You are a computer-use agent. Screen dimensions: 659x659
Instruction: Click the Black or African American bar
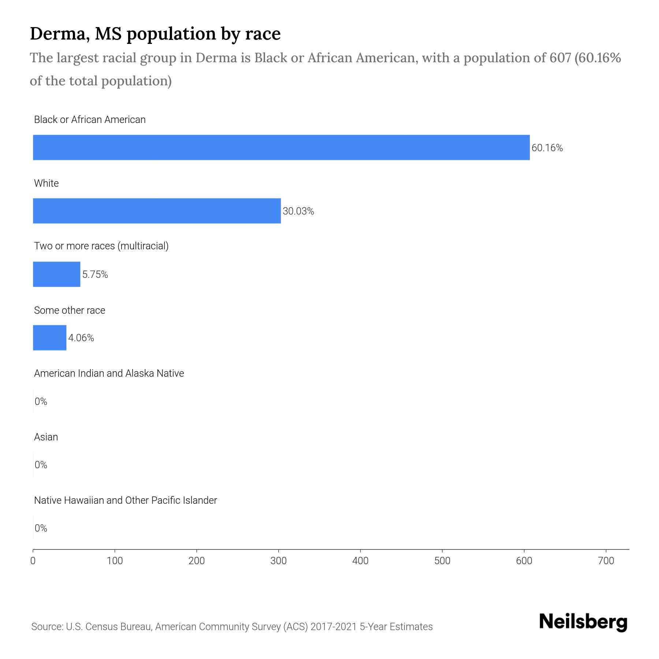(281, 148)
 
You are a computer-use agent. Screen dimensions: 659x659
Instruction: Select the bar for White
(157, 211)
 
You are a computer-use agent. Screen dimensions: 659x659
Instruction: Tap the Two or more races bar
(56, 274)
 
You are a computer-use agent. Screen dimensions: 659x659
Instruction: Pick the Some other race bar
(49, 338)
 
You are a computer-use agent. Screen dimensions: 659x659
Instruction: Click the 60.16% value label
(547, 148)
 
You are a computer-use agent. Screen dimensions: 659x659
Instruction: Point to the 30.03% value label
(298, 211)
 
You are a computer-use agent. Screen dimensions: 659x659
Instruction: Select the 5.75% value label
(95, 275)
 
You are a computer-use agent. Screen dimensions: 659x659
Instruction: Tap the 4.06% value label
(81, 338)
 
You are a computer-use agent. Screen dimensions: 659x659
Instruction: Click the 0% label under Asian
(41, 465)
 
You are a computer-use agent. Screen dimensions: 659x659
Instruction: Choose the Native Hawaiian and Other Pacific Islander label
(125, 500)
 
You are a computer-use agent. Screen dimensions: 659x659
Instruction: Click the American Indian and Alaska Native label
(109, 373)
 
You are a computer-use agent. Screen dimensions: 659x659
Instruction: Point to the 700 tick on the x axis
(606, 561)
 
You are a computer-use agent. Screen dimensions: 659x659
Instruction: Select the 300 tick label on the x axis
(279, 561)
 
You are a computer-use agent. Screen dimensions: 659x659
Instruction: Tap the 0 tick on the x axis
(33, 561)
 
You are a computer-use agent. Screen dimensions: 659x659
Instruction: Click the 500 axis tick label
(442, 561)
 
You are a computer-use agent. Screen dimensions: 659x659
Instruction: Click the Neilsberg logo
(583, 622)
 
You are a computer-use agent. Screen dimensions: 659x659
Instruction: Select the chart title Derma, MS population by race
(155, 34)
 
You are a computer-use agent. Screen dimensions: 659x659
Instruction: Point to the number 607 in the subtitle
(560, 58)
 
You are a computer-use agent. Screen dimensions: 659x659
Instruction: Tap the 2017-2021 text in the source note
(333, 627)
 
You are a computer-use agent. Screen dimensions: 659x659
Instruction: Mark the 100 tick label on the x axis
(115, 561)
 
